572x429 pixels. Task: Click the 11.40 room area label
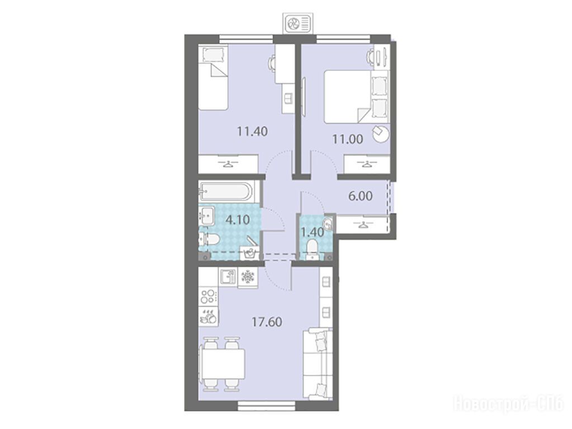click(x=252, y=131)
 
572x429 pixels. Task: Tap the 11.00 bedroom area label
click(x=347, y=139)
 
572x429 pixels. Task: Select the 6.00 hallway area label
click(x=361, y=196)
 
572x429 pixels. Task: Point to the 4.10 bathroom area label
click(x=238, y=220)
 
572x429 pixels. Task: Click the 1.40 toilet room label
click(x=311, y=232)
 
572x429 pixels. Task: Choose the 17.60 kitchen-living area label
click(x=267, y=322)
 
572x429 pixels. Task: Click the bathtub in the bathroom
click(x=225, y=192)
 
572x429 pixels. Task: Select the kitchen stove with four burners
click(x=209, y=296)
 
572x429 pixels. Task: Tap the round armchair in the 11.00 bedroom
click(x=380, y=134)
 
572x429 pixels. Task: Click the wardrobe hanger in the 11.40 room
click(x=228, y=164)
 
